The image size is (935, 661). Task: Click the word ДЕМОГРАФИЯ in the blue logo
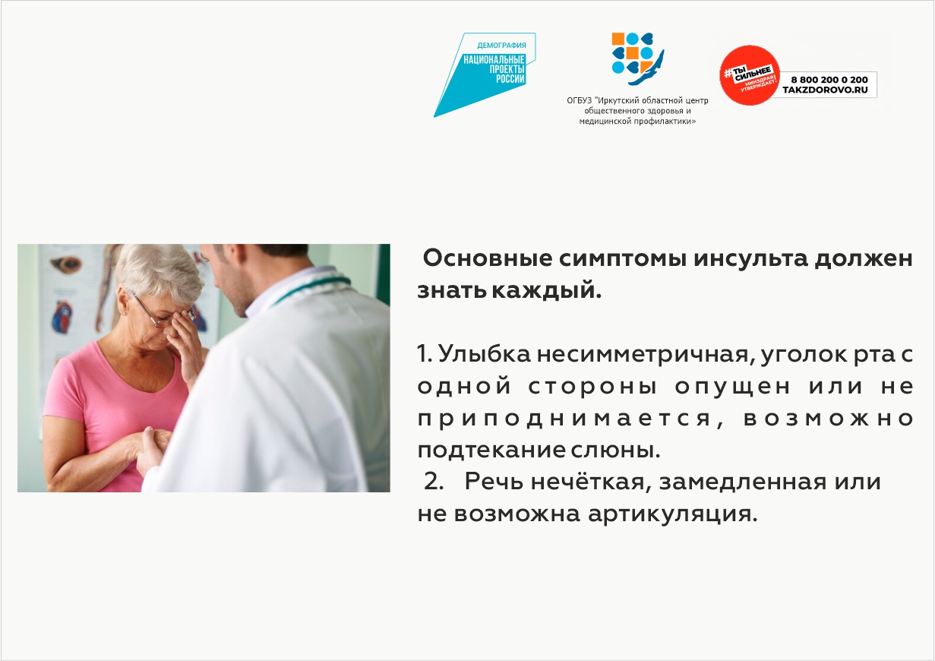pos(501,45)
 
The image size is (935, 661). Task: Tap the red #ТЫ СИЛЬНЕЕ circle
pos(750,75)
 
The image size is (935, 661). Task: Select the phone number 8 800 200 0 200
pos(829,79)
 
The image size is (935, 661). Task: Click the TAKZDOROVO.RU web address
pos(825,90)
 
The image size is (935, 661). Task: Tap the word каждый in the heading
pos(547,291)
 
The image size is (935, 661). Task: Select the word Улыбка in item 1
pos(485,354)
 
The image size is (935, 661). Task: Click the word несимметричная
pos(646,355)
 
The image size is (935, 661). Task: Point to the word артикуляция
pos(672,514)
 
